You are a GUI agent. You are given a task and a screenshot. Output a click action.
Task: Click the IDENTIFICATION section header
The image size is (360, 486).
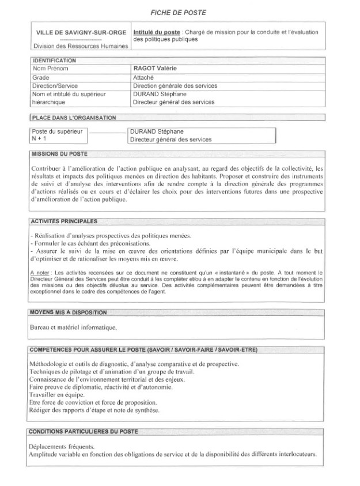point(54,61)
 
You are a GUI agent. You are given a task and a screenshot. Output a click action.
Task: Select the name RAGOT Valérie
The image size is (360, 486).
point(154,69)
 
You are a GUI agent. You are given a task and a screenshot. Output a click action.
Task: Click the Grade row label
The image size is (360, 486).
point(41,77)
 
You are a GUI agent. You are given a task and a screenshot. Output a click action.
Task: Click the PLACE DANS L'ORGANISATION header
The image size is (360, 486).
point(74,118)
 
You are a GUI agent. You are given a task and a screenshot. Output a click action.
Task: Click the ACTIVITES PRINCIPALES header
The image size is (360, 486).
point(63,221)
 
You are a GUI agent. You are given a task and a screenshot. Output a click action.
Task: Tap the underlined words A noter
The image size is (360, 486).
point(40,271)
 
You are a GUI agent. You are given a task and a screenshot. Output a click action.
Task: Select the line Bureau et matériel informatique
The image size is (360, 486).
point(73,327)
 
